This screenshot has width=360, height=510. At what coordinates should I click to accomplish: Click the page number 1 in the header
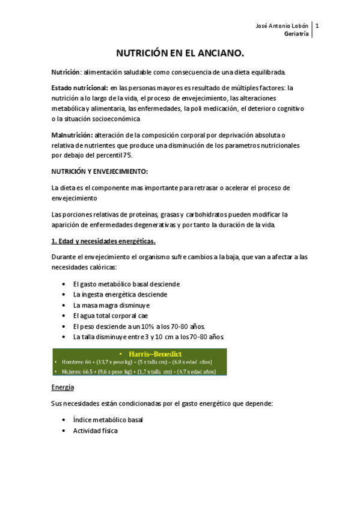pyautogui.click(x=317, y=26)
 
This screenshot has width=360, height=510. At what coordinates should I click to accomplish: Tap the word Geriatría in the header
pyautogui.click(x=297, y=34)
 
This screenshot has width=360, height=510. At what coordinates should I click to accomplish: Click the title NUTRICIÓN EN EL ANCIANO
pyautogui.click(x=180, y=54)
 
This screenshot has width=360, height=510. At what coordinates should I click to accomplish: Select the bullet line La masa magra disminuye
pyautogui.click(x=111, y=305)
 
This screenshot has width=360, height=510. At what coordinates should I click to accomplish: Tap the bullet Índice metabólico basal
pyautogui.click(x=108, y=420)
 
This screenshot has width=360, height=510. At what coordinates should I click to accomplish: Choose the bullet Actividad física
pyautogui.click(x=96, y=431)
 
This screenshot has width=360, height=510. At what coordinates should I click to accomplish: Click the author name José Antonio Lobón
pyautogui.click(x=281, y=26)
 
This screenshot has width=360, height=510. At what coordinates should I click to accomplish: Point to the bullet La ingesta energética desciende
pyautogui.click(x=120, y=294)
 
